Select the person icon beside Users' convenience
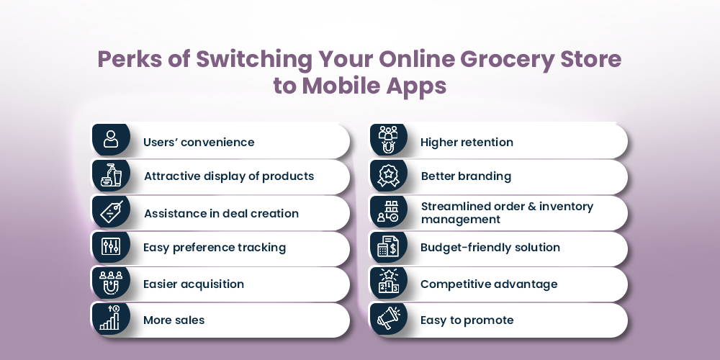111,139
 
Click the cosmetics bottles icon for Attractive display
111,175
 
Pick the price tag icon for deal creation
112,212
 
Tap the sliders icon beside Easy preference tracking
111,247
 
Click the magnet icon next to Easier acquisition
111,283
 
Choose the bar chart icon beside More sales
110,318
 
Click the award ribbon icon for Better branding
389,176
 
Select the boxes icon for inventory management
388,212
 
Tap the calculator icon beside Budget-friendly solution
388,246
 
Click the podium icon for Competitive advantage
389,282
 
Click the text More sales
174,320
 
